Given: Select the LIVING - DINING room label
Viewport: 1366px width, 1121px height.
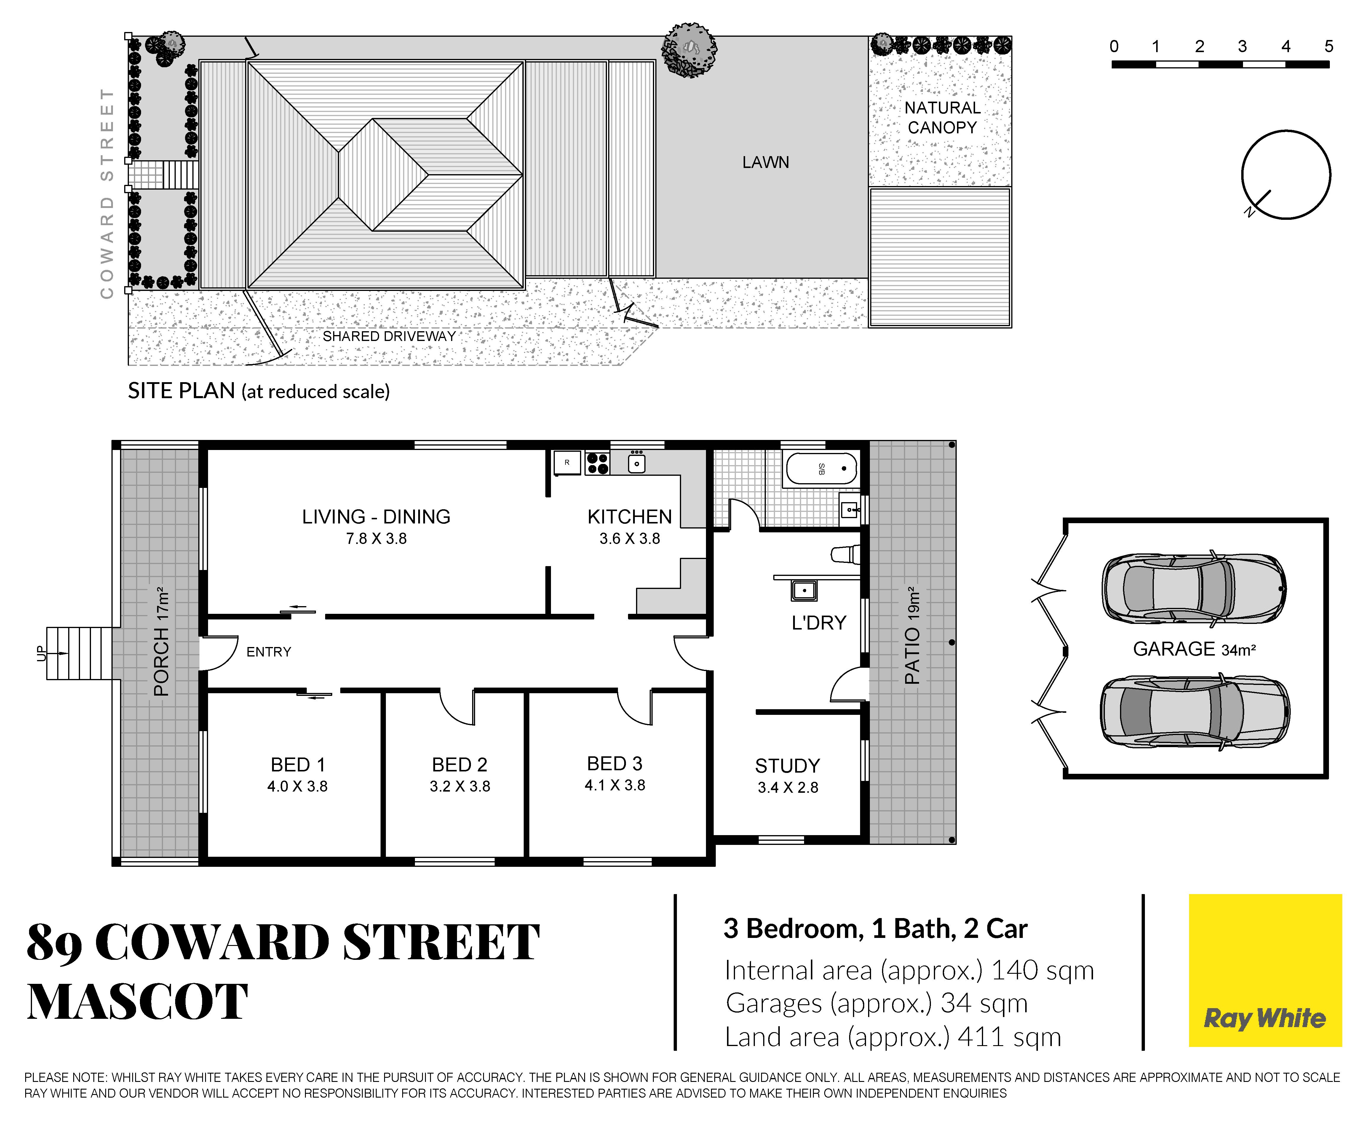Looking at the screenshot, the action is pyautogui.click(x=376, y=517).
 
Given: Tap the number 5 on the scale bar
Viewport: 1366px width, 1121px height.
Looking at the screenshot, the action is pyautogui.click(x=1329, y=47).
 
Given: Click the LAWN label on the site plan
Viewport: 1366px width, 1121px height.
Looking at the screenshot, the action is pyautogui.click(x=765, y=162).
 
